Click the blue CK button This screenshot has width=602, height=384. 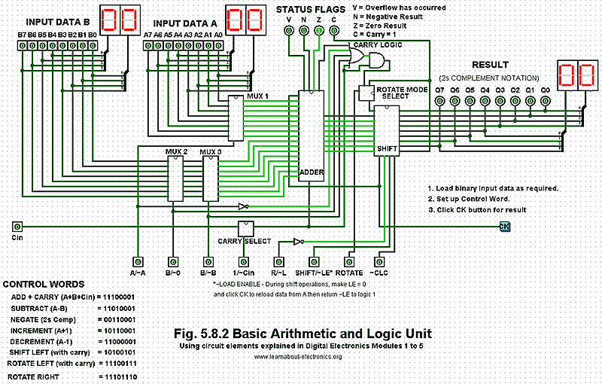[505, 226]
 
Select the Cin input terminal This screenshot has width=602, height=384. [17, 226]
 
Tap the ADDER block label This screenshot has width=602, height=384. [311, 172]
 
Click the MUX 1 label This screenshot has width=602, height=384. [257, 97]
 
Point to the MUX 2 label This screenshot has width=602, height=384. [176, 151]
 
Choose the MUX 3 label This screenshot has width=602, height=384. [211, 151]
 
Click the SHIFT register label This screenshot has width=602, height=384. [386, 149]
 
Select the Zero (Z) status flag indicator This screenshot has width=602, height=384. [318, 31]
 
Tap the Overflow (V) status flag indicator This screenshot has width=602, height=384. [288, 31]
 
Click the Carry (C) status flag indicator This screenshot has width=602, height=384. [333, 31]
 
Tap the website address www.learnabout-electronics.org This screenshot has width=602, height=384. [298, 356]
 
